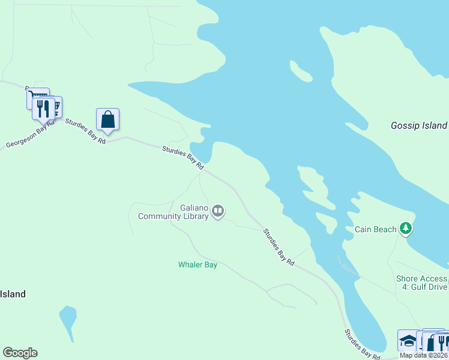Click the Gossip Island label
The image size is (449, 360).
point(418,125)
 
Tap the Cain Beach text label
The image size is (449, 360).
point(376,229)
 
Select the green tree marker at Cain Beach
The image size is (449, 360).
point(406,229)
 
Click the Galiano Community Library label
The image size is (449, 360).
point(173,212)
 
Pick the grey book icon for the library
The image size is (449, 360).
point(218,211)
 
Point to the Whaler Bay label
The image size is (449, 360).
point(197,265)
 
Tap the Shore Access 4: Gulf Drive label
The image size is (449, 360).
point(421,283)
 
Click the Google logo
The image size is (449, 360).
point(20,353)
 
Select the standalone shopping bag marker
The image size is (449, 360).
point(107,119)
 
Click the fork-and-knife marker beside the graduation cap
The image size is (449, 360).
point(441,343)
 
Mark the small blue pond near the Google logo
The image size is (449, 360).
point(68,317)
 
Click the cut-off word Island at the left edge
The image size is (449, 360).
point(13,294)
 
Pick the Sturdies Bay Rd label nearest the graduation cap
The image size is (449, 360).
point(362,345)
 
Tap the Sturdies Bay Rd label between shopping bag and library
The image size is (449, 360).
point(183,157)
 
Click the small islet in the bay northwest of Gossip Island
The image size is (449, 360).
point(301,71)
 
